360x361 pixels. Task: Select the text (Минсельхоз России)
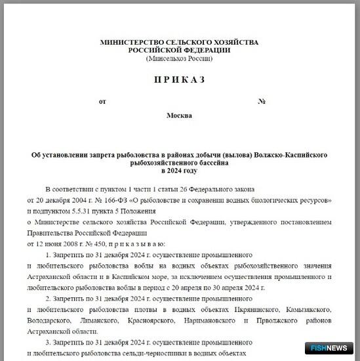pos(180,58)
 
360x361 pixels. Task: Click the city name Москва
pos(180,116)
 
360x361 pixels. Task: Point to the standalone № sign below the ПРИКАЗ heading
pos(262,101)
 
